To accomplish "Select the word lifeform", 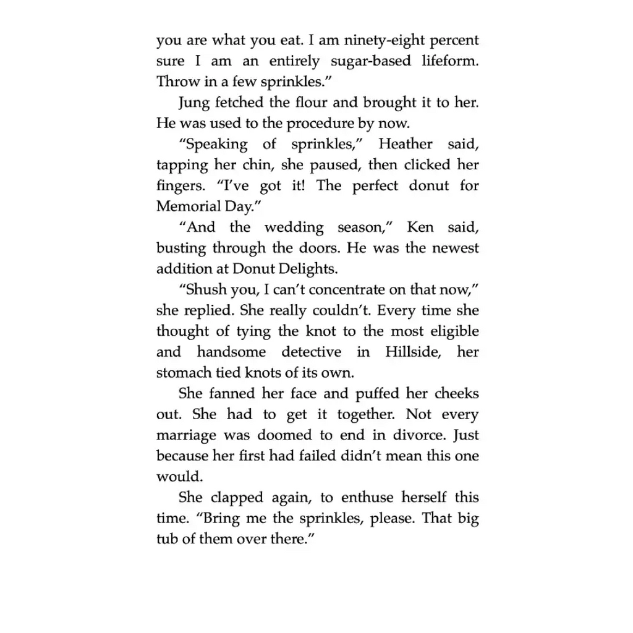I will [x=449, y=61].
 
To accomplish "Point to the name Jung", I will [x=193, y=103].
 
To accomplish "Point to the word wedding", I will [x=294, y=227].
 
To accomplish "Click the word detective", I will [x=311, y=352].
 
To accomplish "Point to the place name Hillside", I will [x=406, y=352].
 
